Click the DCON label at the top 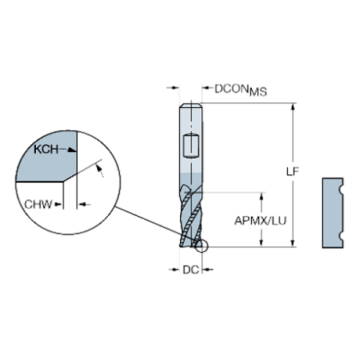231,89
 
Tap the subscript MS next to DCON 258,92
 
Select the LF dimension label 292,172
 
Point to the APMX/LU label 260,220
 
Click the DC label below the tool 191,270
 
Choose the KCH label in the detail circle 46,149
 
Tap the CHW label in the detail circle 38,204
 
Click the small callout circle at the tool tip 201,246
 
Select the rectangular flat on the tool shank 191,146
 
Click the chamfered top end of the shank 191,106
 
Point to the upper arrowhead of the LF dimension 292,107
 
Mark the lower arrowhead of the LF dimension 292,242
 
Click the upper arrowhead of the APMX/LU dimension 262,196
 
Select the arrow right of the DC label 207,270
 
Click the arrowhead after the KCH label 72,150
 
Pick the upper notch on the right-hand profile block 340,189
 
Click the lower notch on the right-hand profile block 340,236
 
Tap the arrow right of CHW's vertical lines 84,204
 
